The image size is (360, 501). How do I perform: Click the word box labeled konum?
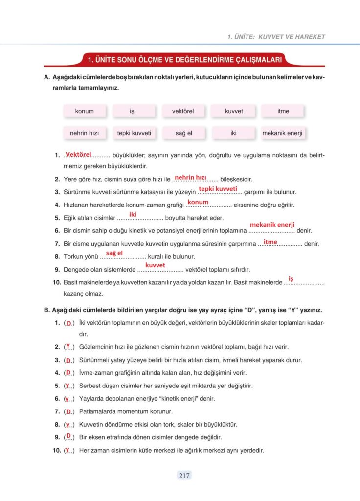click(84, 111)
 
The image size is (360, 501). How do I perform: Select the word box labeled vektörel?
click(183, 111)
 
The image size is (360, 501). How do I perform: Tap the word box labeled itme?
click(283, 111)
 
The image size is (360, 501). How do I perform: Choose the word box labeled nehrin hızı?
click(84, 133)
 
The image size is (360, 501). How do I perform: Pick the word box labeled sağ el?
click(183, 133)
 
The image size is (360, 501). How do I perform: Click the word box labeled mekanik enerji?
click(283, 133)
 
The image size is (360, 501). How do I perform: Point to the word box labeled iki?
click(233, 133)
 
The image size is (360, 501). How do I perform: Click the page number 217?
click(183, 475)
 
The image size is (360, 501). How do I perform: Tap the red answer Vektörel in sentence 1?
click(78, 154)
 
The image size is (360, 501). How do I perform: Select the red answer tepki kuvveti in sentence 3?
click(218, 189)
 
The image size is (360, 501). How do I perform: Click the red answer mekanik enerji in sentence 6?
click(272, 225)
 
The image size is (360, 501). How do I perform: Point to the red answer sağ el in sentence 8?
click(114, 253)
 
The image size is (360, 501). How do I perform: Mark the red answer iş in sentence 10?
click(291, 279)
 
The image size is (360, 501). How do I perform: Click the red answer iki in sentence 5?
click(133, 214)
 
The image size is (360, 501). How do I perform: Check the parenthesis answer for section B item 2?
click(68, 346)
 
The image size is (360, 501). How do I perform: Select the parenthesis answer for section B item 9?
click(69, 436)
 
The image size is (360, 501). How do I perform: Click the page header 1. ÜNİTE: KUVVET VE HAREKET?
click(276, 37)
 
